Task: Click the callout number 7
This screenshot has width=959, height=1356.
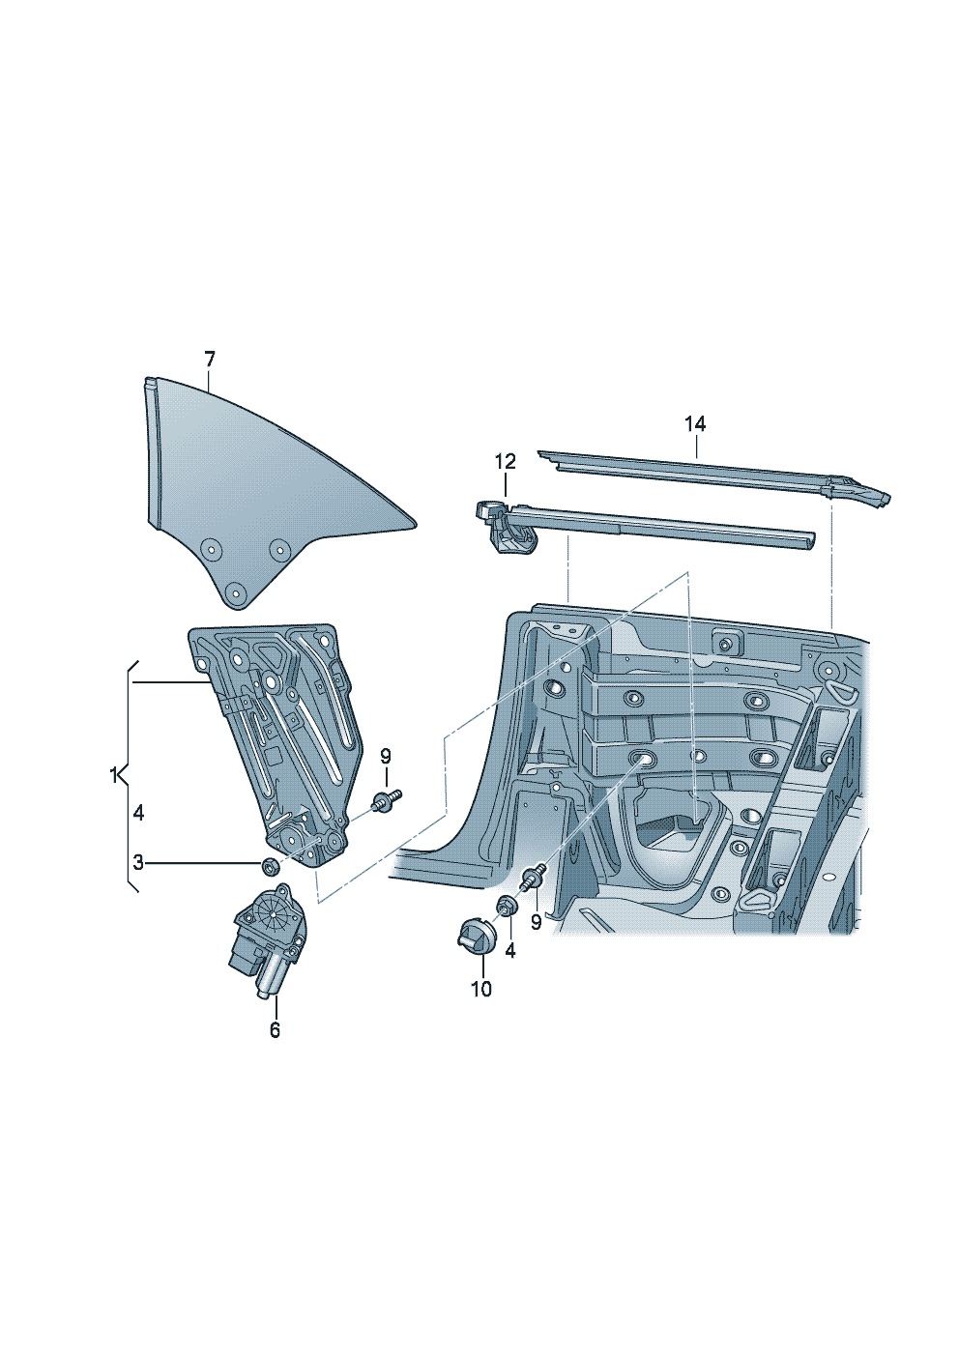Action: [210, 360]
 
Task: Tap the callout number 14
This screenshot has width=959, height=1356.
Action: [695, 423]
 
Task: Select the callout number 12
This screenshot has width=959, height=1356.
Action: [506, 462]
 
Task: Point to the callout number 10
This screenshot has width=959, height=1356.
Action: [481, 989]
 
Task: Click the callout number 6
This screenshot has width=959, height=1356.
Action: [275, 1030]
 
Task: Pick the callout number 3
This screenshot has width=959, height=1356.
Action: [138, 862]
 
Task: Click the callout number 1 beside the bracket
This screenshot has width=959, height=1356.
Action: [114, 774]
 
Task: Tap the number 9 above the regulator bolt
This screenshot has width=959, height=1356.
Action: [385, 756]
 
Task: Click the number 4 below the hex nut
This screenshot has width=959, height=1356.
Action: [510, 951]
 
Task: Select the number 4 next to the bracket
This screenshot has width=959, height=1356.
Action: [138, 813]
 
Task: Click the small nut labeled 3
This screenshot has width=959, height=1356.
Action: [271, 863]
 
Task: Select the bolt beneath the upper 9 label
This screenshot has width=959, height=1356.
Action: [388, 800]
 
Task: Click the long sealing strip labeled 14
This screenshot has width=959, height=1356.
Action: [696, 474]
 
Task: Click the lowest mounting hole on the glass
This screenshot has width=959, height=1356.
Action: [234, 591]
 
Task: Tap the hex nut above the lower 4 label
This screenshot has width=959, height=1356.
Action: [506, 907]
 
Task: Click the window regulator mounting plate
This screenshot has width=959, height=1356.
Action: [276, 735]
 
